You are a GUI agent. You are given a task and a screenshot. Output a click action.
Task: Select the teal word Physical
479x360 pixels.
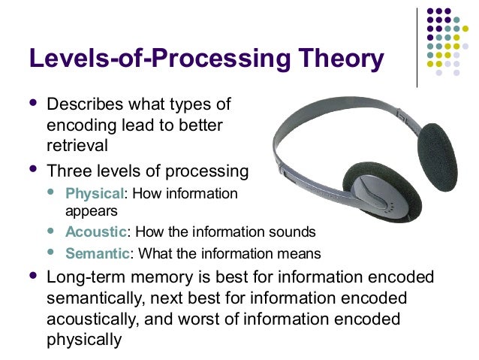[x=93, y=194]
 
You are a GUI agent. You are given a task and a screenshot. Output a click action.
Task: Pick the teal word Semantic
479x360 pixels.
[x=98, y=253]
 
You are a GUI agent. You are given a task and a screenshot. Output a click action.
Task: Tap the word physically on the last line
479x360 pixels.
[x=83, y=340]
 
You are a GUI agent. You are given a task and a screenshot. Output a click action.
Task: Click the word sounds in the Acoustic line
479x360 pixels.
[x=293, y=231]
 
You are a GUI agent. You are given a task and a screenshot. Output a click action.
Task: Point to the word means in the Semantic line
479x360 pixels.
[x=299, y=253]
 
